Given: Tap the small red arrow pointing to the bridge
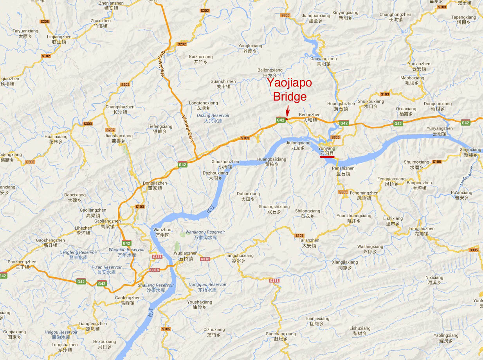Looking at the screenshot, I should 288,110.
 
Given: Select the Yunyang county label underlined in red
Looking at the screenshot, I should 327,151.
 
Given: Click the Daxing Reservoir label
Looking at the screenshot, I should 213,118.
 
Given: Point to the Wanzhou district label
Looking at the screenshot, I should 162,232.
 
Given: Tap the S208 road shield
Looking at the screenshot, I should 45,22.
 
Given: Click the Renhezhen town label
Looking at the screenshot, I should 310,117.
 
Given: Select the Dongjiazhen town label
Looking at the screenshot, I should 155,185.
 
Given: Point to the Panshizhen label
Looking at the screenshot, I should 343,171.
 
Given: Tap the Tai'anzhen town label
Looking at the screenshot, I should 309,243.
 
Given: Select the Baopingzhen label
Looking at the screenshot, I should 419,185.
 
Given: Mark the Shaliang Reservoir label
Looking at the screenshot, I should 155,288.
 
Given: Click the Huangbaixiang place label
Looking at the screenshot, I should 272,162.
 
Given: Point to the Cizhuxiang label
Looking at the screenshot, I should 214,332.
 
